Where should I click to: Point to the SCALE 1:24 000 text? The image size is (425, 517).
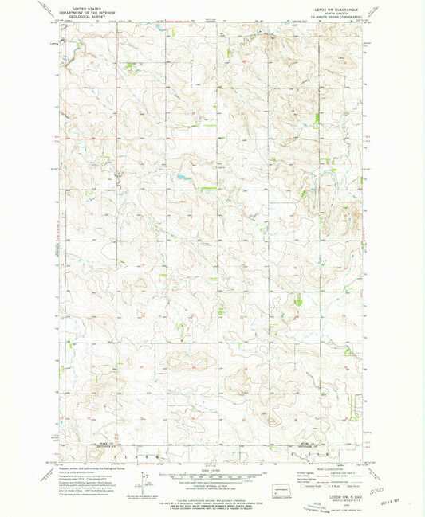tap(212, 470)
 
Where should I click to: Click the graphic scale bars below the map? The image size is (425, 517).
tap(212, 479)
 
